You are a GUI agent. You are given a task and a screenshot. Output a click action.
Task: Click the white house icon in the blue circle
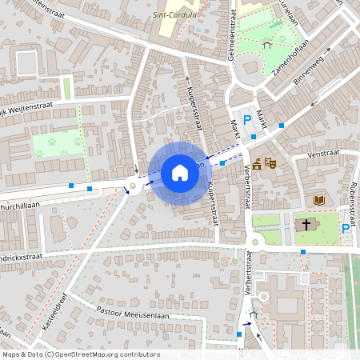[x=180, y=173]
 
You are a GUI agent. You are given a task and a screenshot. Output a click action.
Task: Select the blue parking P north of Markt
[x=248, y=121]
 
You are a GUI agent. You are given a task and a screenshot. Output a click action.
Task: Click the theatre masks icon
[x=270, y=163]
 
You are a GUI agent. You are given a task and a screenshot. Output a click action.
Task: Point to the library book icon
[x=318, y=199]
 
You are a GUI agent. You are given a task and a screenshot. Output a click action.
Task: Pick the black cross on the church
[x=305, y=225]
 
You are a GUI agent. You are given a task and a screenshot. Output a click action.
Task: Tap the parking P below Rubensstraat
[x=346, y=229]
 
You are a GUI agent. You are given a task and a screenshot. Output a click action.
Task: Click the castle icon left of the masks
[x=257, y=165]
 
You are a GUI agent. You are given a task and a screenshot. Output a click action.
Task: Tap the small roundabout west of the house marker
[x=132, y=187]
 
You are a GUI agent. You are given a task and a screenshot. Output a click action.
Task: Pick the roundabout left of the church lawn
[x=256, y=240]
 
